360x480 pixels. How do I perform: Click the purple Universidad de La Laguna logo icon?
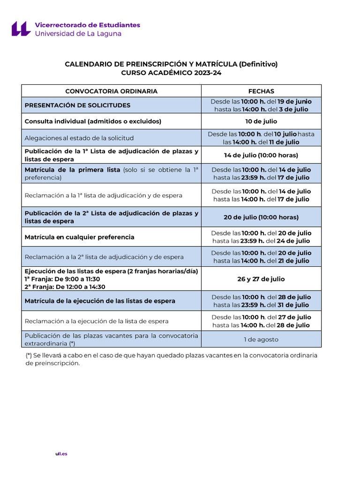tap(21, 29)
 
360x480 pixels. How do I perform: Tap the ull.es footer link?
tap(61, 454)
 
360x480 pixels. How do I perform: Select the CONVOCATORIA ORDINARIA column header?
tap(111, 91)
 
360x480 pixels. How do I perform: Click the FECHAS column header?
tap(261, 91)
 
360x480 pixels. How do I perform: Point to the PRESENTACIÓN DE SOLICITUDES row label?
tap(77, 105)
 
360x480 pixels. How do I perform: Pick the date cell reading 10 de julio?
tap(261, 121)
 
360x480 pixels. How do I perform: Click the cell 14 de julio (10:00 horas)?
tap(261, 155)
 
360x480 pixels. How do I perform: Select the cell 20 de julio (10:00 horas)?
tap(261, 217)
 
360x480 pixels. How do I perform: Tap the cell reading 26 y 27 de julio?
tap(261, 279)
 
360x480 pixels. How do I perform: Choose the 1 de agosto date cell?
tap(261, 339)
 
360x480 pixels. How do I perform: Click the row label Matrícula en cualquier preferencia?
tap(79, 237)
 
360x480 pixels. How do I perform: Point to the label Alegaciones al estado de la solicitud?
tap(79, 138)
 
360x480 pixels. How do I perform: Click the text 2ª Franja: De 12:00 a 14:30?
tap(65, 287)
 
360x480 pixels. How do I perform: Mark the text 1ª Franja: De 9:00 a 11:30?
tap(62, 279)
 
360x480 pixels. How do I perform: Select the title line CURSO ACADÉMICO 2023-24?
tap(171, 73)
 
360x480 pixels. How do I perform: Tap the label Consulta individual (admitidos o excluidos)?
tap(93, 121)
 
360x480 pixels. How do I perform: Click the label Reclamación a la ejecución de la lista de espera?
tap(97, 321)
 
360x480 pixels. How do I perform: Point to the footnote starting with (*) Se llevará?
tap(171, 359)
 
